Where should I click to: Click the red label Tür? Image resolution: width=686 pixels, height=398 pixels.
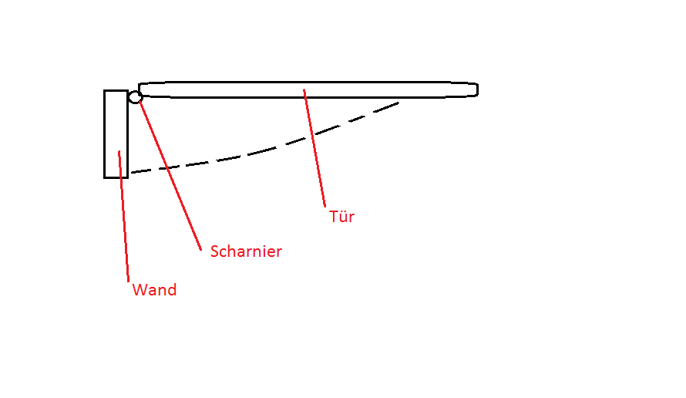(341, 217)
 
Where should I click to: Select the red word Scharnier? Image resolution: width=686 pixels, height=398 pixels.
(246, 251)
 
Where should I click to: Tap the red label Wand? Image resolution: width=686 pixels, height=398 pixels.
(154, 290)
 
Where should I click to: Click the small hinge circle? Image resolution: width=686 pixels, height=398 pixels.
(135, 97)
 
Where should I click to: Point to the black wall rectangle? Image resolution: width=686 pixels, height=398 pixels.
(116, 134)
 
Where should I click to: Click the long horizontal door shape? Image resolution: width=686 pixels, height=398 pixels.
(308, 89)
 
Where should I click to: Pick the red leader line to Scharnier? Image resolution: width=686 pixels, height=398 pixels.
(170, 174)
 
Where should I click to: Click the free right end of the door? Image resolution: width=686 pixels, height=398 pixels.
(476, 89)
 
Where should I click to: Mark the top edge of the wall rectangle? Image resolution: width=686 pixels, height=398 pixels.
(116, 90)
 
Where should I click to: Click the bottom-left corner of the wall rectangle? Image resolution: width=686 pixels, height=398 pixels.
(105, 177)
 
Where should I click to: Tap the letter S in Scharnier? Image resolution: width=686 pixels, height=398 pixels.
(215, 251)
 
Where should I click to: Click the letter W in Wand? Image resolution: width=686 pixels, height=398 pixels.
(139, 290)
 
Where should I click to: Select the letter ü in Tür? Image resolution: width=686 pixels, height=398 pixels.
(341, 217)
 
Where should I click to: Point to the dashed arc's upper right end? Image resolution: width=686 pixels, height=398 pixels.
(398, 103)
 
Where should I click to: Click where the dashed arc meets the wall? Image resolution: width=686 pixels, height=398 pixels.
(129, 173)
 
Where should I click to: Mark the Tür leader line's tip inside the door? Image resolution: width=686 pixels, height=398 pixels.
(304, 91)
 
